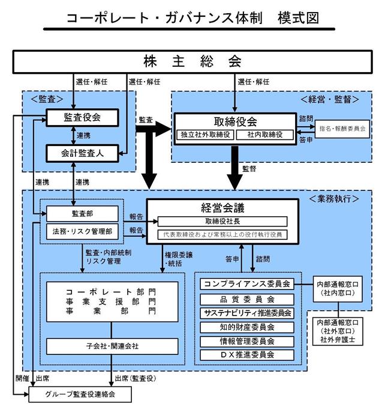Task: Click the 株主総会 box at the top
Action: click(192, 62)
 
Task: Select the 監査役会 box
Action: click(82, 118)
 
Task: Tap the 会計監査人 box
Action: click(82, 153)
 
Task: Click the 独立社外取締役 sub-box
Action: click(205, 135)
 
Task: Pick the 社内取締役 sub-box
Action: click(265, 135)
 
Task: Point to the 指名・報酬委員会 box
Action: click(342, 129)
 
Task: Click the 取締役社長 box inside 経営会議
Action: click(222, 222)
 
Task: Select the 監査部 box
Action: click(82, 214)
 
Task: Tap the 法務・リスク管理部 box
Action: click(82, 231)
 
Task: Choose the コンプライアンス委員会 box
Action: click(247, 284)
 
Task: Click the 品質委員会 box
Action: click(247, 299)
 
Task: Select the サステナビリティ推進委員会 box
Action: click(247, 313)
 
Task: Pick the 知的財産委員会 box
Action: click(247, 327)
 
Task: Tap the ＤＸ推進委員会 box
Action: click(247, 355)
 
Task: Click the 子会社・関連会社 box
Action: click(112, 346)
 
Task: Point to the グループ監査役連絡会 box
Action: click(80, 395)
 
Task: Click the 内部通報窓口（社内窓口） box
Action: click(338, 289)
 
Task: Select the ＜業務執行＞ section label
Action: click(334, 199)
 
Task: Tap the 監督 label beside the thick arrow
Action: click(249, 169)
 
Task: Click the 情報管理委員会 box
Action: click(247, 341)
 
